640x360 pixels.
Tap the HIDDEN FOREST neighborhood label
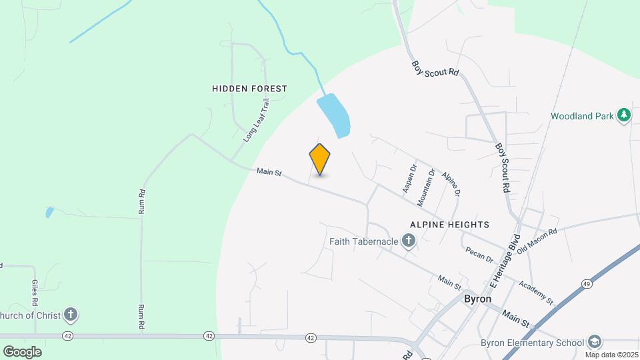(249, 89)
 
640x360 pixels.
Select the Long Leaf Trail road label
(257, 121)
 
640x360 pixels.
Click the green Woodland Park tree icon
(624, 115)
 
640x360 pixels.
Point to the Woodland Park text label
(581, 116)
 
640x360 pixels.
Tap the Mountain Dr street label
(427, 186)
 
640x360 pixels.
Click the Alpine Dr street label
(451, 183)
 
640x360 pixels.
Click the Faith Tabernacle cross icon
(409, 241)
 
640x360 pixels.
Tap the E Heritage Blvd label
(505, 260)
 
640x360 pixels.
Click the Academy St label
(537, 291)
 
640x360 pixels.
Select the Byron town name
(477, 299)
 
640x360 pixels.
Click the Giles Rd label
(35, 293)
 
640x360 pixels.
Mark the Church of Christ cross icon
(71, 315)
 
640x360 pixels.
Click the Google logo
(22, 351)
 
